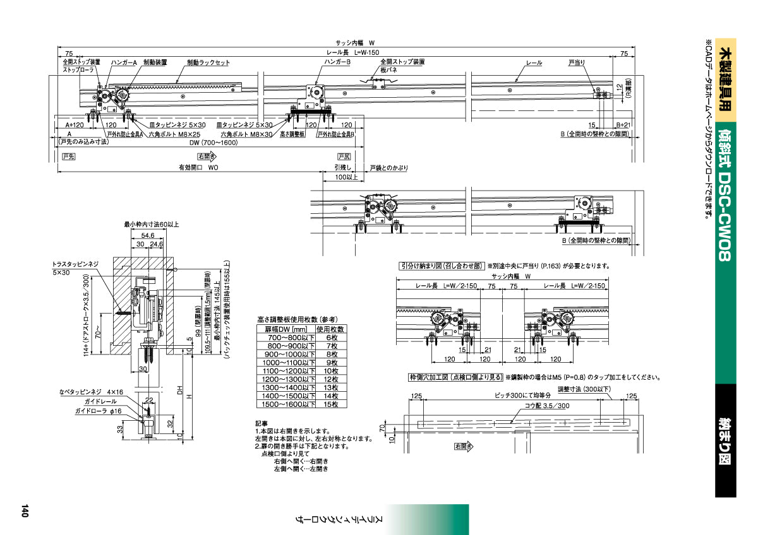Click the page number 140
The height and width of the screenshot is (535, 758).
[x=25, y=510]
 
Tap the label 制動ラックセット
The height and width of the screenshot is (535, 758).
[x=208, y=63]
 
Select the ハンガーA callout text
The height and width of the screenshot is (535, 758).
[x=124, y=63]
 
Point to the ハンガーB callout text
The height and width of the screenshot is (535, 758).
[x=337, y=62]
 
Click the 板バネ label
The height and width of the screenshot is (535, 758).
[x=388, y=70]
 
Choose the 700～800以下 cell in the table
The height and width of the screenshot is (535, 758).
[x=286, y=339]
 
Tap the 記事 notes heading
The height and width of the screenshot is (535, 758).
[x=262, y=423]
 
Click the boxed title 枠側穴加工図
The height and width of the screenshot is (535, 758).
[x=455, y=378]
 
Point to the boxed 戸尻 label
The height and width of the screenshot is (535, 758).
[x=344, y=156]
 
